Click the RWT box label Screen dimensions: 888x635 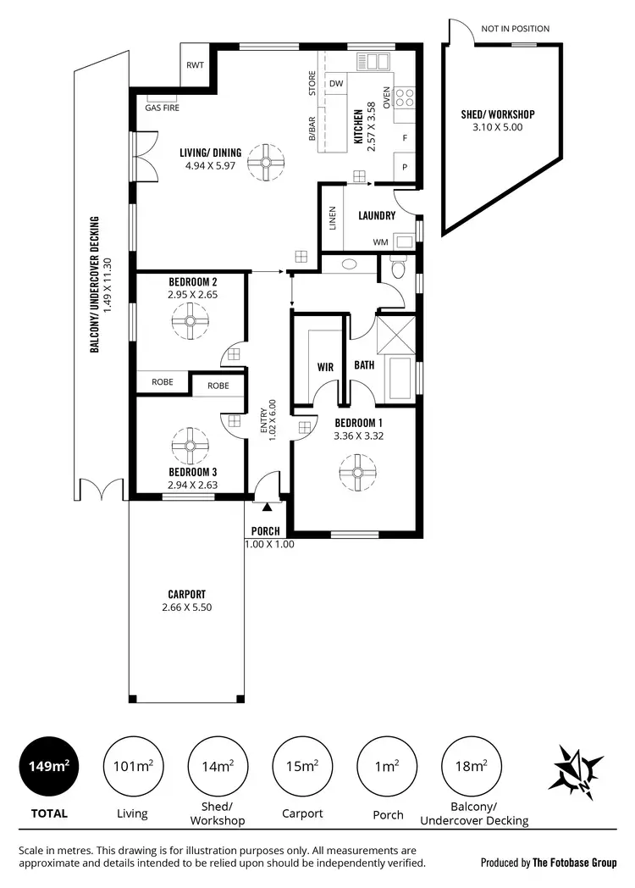(x=195, y=64)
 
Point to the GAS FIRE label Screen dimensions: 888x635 (x=162, y=108)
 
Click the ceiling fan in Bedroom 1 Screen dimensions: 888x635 (x=356, y=471)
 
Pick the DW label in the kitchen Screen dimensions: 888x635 (x=336, y=83)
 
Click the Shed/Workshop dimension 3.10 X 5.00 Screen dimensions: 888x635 (x=498, y=127)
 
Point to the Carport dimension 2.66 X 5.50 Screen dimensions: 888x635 (x=186, y=607)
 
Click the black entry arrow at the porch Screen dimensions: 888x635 (x=268, y=508)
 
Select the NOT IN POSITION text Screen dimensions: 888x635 (x=515, y=29)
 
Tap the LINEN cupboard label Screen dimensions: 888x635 (x=333, y=218)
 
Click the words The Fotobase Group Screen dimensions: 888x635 (x=574, y=863)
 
